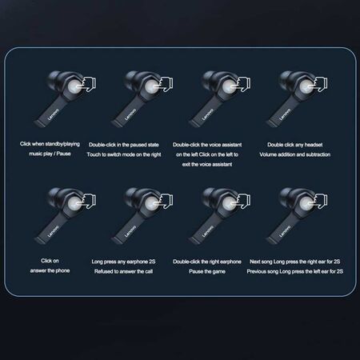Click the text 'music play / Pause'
(x=48, y=154)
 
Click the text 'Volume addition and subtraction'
(x=290, y=154)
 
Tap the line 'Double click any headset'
(x=290, y=145)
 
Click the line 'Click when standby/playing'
(x=48, y=145)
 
